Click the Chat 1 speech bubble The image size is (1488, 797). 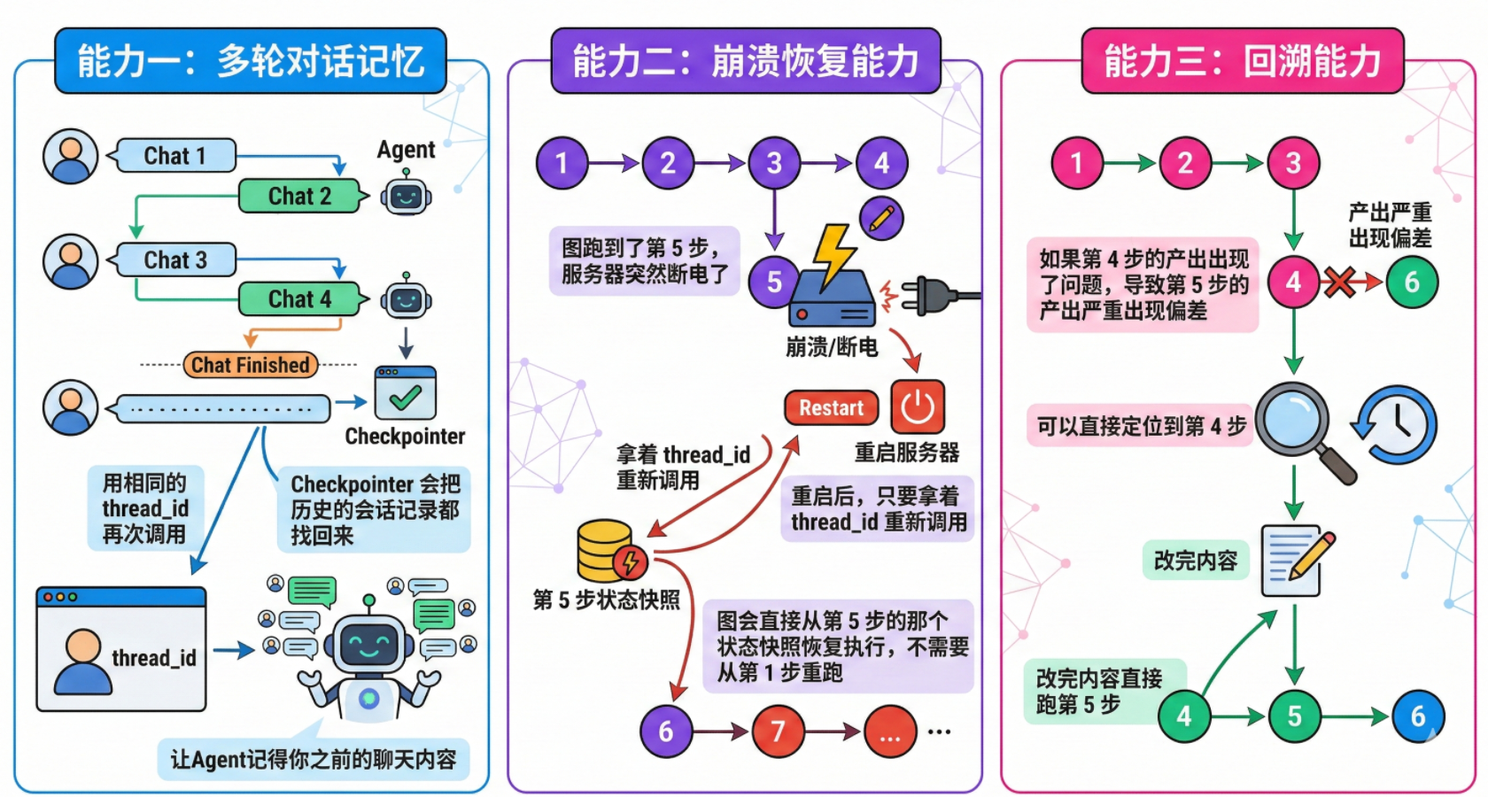click(174, 156)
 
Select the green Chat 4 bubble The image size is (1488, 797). click(300, 299)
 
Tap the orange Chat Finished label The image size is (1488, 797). click(251, 365)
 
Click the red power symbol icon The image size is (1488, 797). click(918, 407)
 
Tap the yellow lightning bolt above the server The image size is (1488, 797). click(833, 255)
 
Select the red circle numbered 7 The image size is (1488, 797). click(778, 731)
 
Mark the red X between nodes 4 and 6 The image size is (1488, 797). click(1339, 282)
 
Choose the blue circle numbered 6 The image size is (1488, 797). click(1418, 716)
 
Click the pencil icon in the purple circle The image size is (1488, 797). click(881, 218)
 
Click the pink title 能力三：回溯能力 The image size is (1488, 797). click(1242, 61)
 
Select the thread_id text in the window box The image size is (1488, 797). click(153, 658)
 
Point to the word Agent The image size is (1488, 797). click(406, 150)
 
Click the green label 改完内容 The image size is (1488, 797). click(1195, 561)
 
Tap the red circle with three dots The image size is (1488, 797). click(890, 731)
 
